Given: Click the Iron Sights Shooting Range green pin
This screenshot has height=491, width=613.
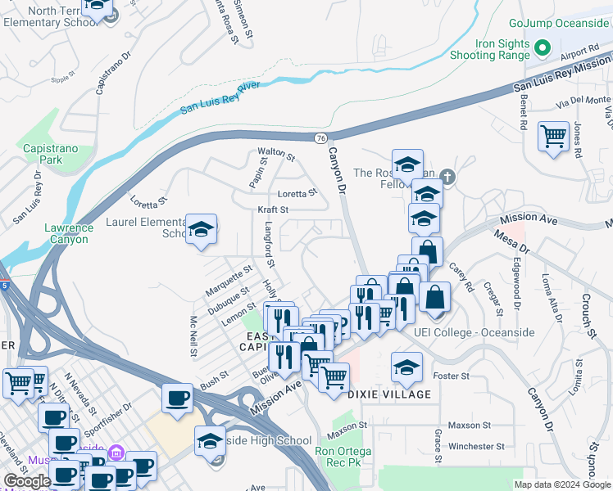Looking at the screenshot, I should tap(541, 47).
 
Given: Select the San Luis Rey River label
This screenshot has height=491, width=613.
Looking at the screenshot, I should tap(211, 93).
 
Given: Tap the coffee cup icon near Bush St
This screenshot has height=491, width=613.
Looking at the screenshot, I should tap(177, 399).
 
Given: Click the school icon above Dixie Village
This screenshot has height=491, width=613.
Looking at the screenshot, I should tap(406, 367).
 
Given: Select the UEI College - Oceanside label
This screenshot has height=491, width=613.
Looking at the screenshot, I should tap(475, 332).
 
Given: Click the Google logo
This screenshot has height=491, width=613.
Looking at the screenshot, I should tap(27, 481).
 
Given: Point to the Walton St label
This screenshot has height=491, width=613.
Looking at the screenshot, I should tap(275, 153).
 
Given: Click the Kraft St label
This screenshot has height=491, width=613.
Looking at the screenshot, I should tap(274, 210).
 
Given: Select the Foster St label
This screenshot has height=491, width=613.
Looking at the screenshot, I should tap(452, 376).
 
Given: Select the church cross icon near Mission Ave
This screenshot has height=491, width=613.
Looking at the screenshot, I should tap(447, 175).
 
